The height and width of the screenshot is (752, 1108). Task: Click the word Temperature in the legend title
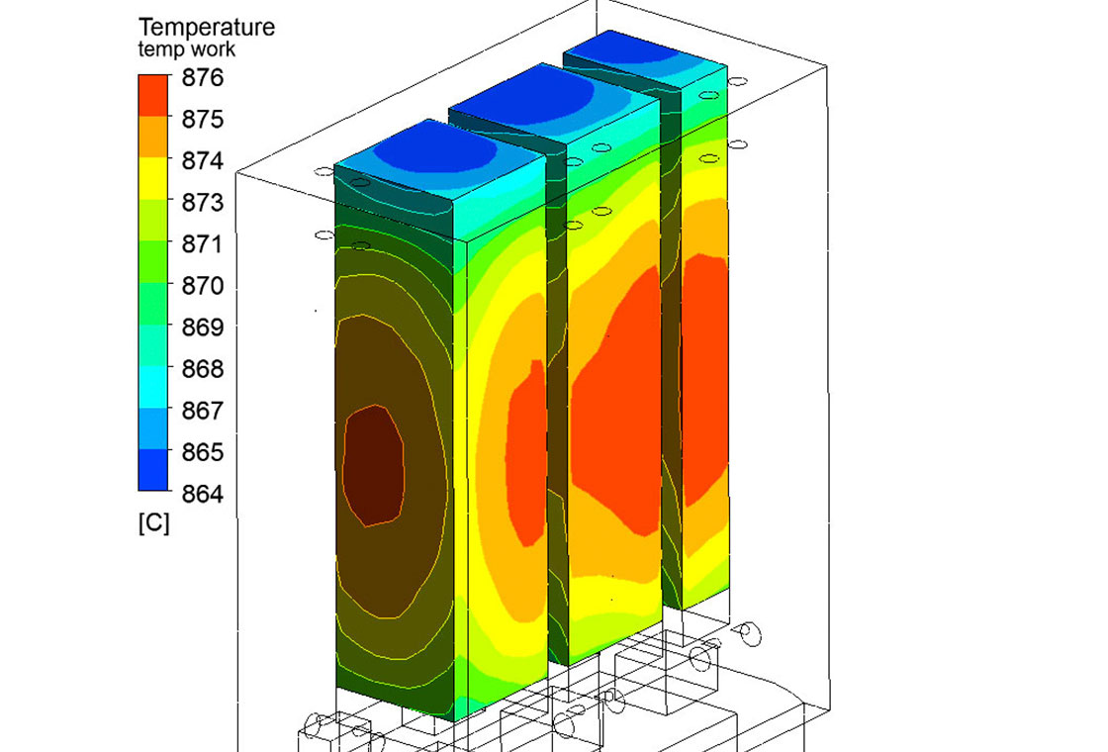pyautogui.click(x=207, y=28)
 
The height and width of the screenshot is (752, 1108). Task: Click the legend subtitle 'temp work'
pyautogui.click(x=187, y=49)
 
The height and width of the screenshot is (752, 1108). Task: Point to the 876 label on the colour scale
pyautogui.click(x=202, y=78)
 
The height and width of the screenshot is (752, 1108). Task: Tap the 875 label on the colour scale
pyautogui.click(x=202, y=120)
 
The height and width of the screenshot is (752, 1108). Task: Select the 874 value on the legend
pyautogui.click(x=202, y=161)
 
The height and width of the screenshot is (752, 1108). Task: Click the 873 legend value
pyautogui.click(x=202, y=203)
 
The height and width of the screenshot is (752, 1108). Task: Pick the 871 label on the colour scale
pyautogui.click(x=202, y=244)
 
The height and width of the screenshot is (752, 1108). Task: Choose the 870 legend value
pyautogui.click(x=202, y=286)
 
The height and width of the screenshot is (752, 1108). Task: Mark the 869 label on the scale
pyautogui.click(x=202, y=328)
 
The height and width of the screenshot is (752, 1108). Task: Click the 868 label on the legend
pyautogui.click(x=202, y=369)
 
